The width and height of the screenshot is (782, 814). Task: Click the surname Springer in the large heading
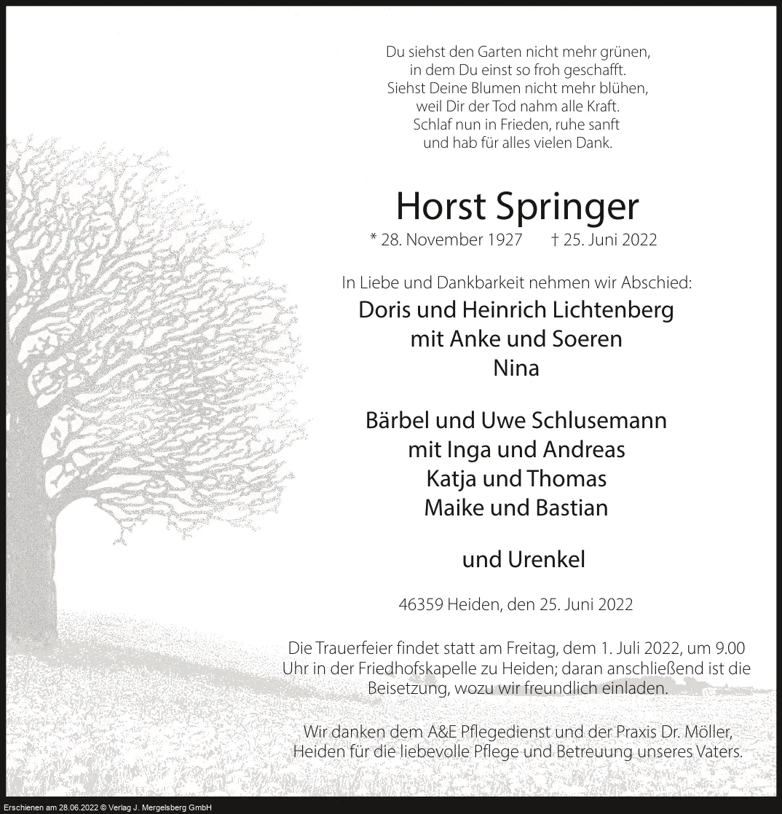click(568, 208)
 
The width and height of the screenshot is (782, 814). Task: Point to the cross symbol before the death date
click(555, 239)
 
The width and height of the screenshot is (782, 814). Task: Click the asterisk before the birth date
click(374, 239)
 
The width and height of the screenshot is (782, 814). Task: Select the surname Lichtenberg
click(612, 309)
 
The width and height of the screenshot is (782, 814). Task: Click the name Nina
click(516, 368)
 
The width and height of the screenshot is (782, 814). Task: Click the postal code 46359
click(422, 604)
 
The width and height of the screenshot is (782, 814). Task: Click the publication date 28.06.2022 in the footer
click(72, 807)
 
